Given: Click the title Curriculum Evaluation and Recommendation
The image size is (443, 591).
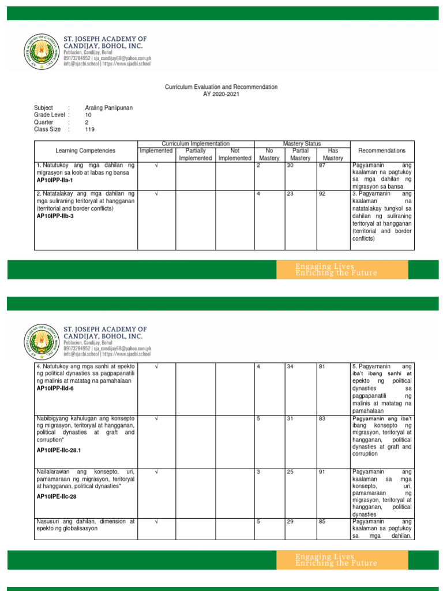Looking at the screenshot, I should tap(221, 87).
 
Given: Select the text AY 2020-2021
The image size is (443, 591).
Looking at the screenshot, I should tap(221, 94).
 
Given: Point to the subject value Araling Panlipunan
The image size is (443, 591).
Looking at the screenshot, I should tap(108, 108).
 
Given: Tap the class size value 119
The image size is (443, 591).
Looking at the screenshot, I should tap(90, 130).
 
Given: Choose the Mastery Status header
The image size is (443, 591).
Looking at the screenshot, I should tap(302, 143).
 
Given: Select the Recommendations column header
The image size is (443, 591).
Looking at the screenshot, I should tap(381, 151).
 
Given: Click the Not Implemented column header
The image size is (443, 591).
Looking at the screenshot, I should tap(235, 154).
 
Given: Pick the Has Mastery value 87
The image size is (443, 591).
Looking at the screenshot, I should tap(322, 166).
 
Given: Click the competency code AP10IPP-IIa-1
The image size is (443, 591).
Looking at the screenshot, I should tap(56, 181).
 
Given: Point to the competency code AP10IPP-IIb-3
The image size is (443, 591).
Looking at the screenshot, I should tap(57, 216).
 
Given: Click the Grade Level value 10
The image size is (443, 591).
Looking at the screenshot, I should tap(88, 115).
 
